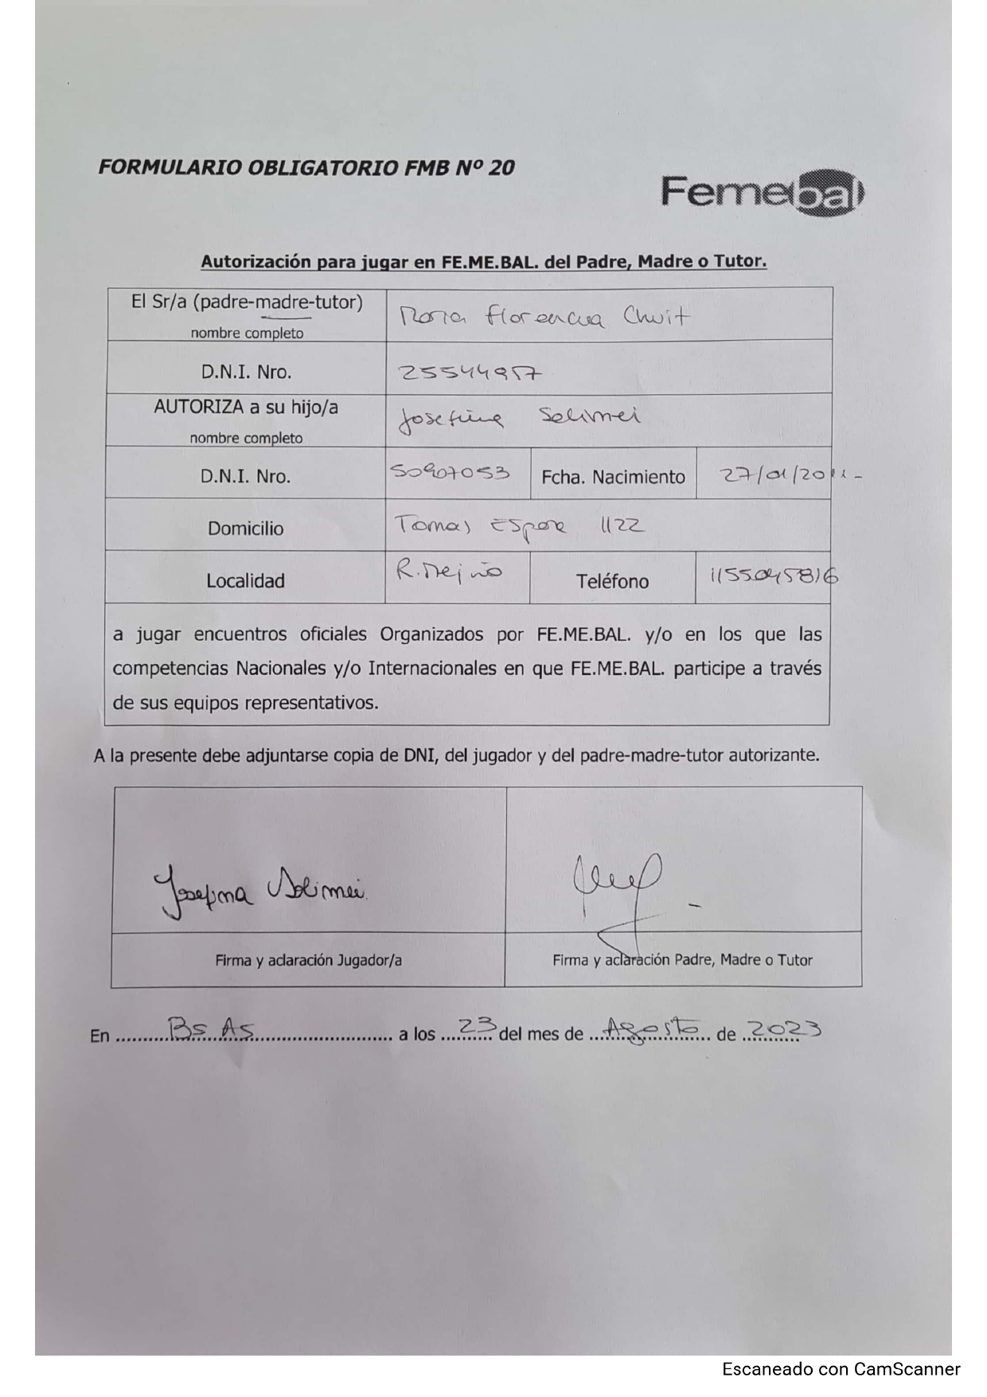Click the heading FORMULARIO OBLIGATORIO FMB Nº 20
coord(306,168)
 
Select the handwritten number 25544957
coord(470,373)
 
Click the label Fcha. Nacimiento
coord(613,477)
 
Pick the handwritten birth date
coord(788,476)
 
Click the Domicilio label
coord(245,529)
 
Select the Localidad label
coord(245,581)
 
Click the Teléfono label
coord(612,582)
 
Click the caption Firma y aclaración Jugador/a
coord(308,961)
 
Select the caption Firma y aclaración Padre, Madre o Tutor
coord(682,960)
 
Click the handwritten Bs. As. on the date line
coord(206,1031)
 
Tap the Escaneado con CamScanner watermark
coord(841,1369)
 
